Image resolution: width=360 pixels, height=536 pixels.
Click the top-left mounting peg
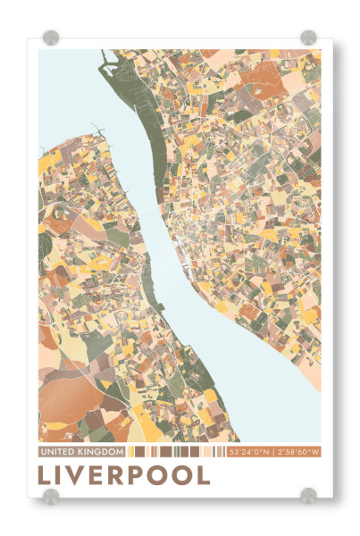tap(51, 38)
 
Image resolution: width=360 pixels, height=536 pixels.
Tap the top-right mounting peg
tap(308, 38)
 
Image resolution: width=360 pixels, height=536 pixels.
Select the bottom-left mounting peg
tap(51, 496)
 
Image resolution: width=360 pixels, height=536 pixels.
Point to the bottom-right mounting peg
tap(308, 496)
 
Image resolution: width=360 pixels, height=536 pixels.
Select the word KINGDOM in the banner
tap(100, 452)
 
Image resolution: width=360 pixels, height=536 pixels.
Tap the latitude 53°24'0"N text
tap(248, 452)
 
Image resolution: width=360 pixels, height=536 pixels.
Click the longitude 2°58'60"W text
tap(297, 452)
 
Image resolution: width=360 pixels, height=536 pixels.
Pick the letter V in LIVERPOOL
tap(85, 474)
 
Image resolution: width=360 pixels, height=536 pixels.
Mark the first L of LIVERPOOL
tap(46, 474)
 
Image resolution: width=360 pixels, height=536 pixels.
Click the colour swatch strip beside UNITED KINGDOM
tap(175, 452)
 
